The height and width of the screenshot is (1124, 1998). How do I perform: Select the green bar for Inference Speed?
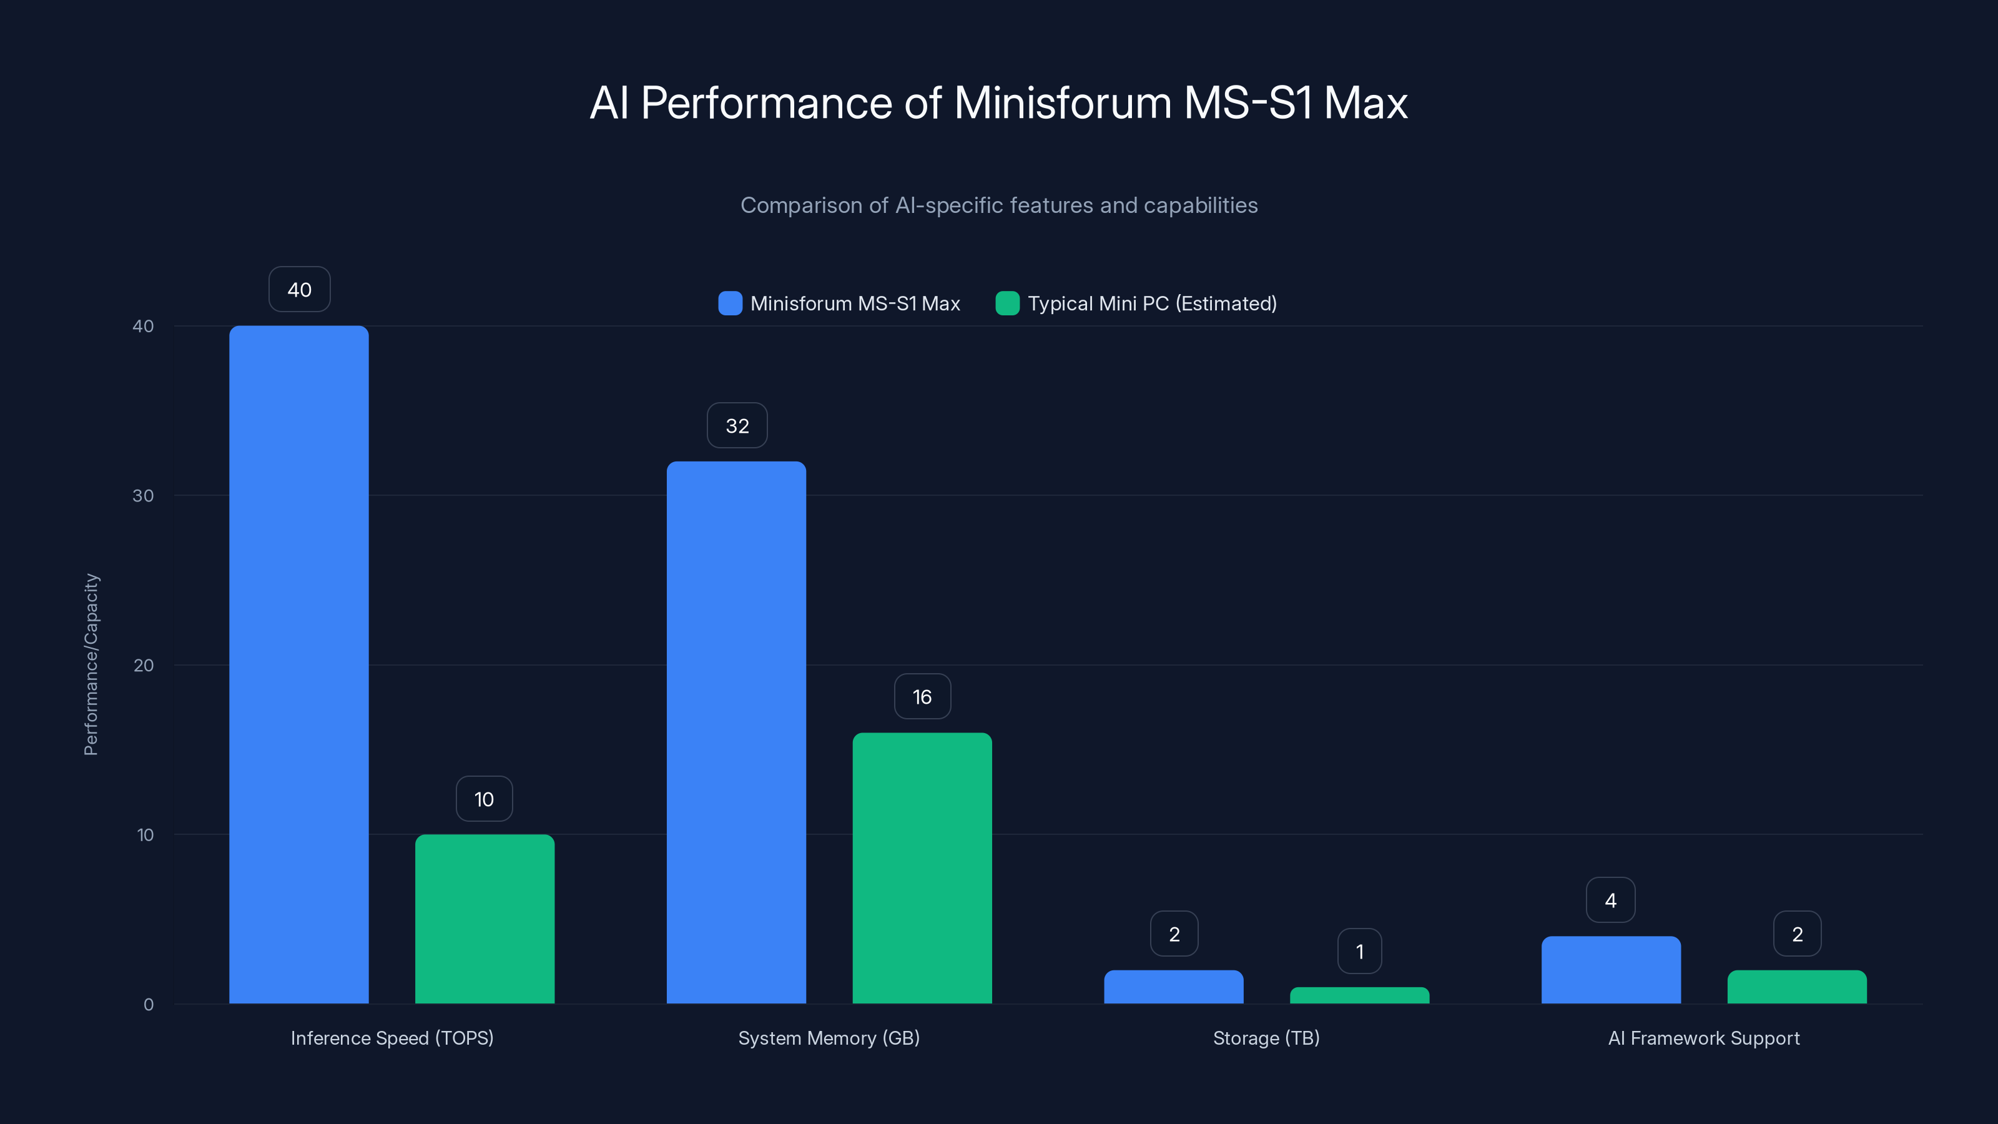point(485,919)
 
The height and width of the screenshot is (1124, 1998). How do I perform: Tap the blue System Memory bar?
point(736,732)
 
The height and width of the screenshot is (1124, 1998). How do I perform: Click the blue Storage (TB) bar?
point(1174,987)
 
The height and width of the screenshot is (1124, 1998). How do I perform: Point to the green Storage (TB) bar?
point(1360,995)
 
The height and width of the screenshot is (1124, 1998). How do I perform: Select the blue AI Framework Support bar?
point(1611,970)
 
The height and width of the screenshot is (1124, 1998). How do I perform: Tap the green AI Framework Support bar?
point(1797,987)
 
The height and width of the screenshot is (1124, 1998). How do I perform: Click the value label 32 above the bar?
point(737,425)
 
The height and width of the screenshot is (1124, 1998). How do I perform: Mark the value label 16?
point(922,697)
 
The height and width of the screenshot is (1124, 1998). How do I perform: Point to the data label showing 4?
point(1610,900)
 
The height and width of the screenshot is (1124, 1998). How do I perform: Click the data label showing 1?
point(1360,951)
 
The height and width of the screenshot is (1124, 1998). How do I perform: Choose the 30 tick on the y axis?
point(143,496)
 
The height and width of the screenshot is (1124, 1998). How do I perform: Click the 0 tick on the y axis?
point(148,1005)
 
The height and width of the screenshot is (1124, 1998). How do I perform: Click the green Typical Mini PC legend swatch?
point(1006,303)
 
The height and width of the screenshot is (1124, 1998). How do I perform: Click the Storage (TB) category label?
point(1266,1038)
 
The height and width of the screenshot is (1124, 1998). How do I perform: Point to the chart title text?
point(998,102)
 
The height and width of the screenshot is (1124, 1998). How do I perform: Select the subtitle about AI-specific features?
point(998,205)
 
